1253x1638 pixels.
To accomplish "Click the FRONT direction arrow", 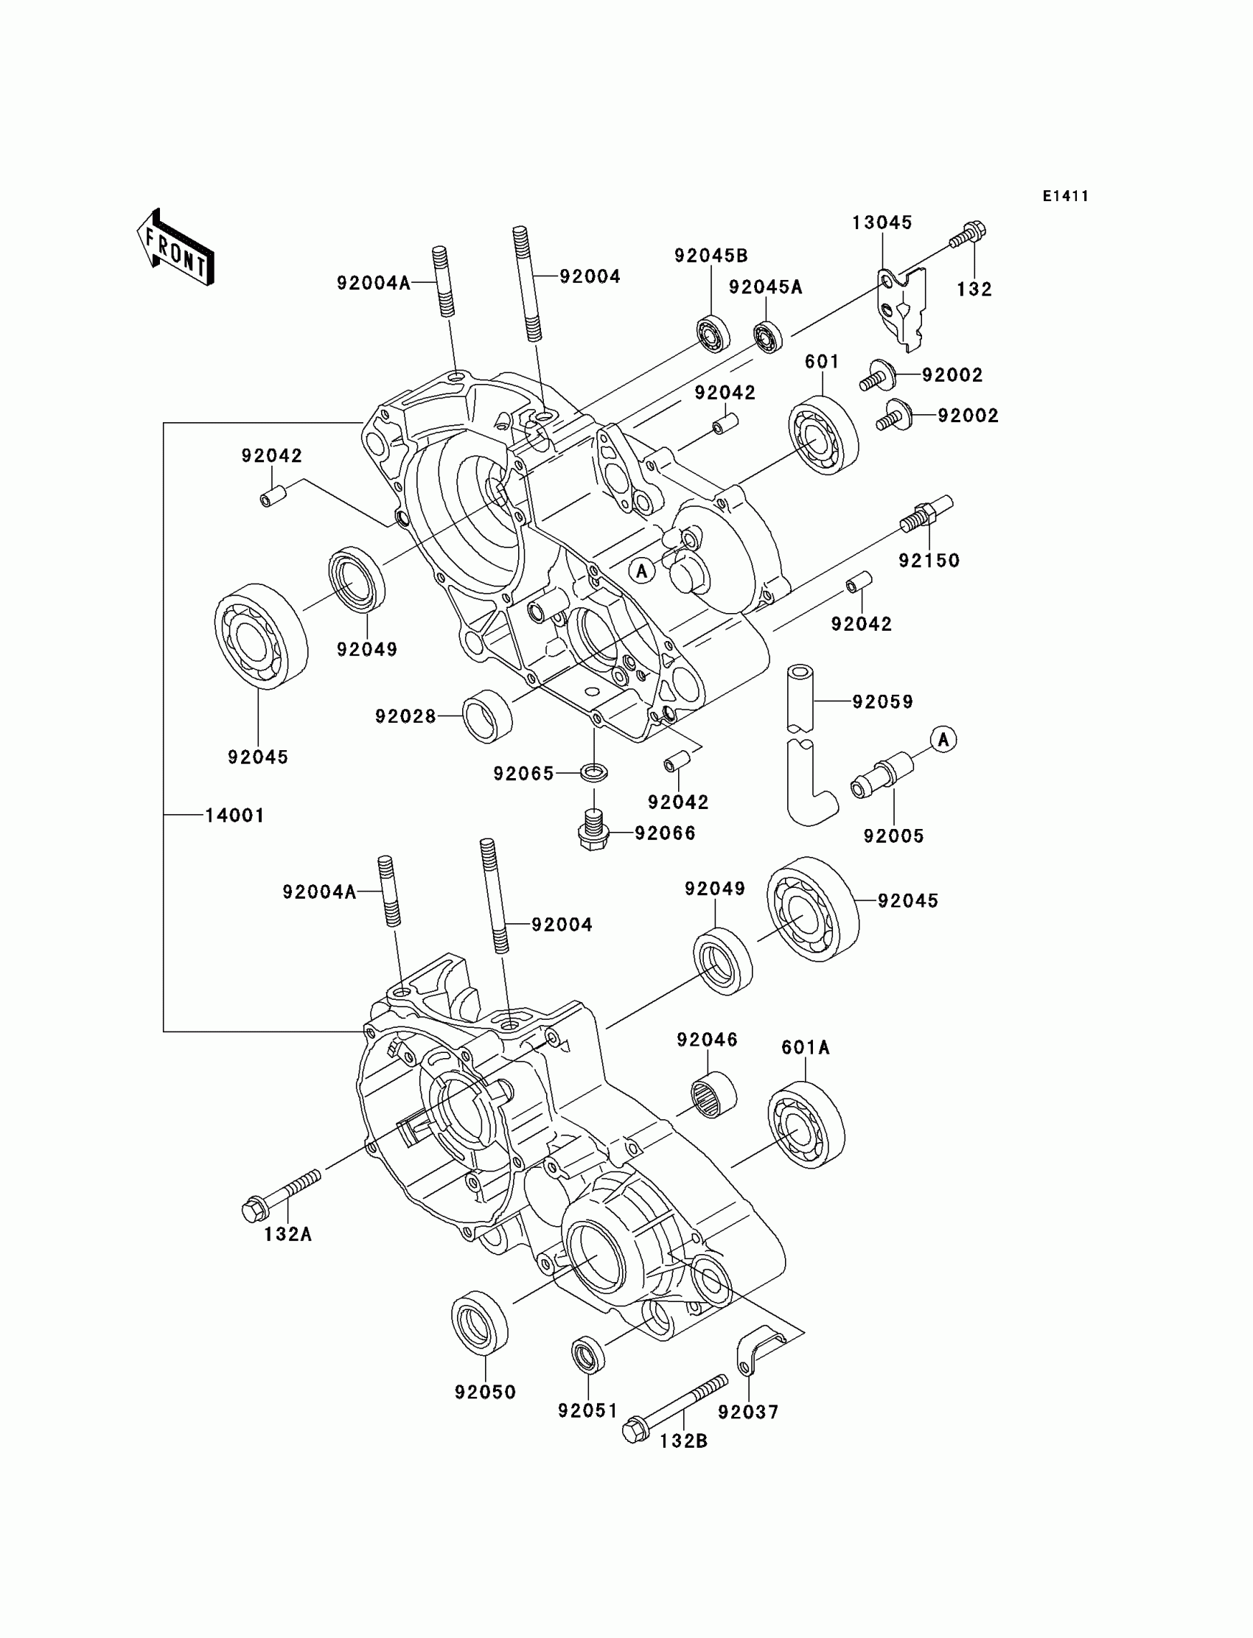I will pyautogui.click(x=175, y=247).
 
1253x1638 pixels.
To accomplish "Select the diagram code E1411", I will pyautogui.click(x=1065, y=196).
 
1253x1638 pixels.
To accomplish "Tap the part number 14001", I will pyautogui.click(x=235, y=816).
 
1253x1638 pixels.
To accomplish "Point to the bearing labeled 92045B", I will pyautogui.click(x=713, y=334).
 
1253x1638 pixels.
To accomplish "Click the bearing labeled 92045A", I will pyautogui.click(x=767, y=337).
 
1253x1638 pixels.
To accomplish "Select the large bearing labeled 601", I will pyautogui.click(x=823, y=435).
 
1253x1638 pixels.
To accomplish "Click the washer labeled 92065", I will pyautogui.click(x=593, y=771).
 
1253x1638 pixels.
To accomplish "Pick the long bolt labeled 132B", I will pyautogui.click(x=675, y=1407).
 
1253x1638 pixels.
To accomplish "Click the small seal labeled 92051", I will pyautogui.click(x=587, y=1355).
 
